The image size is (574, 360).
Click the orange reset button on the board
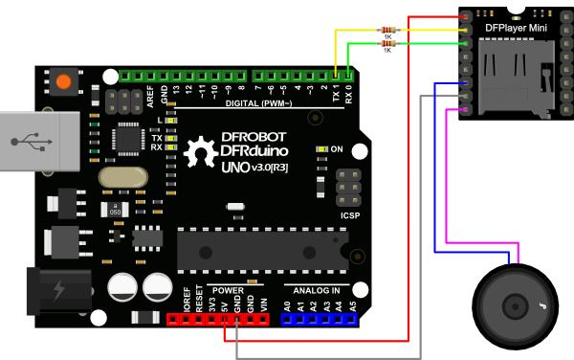coord(63,82)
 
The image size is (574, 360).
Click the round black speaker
coord(518,304)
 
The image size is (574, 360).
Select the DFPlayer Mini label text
coord(517,28)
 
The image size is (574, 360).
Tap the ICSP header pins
coord(348,187)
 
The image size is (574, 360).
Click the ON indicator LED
coord(322,150)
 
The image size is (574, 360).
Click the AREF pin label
coord(150,95)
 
